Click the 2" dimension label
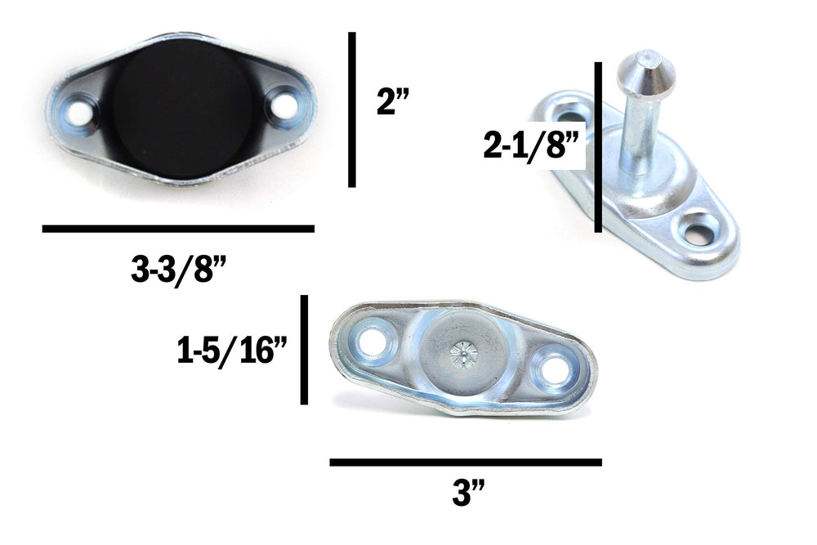pyautogui.click(x=393, y=101)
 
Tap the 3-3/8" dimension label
pyautogui.click(x=178, y=270)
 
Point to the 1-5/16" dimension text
pyautogui.click(x=232, y=351)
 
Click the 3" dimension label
pyautogui.click(x=468, y=493)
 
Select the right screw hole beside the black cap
pyautogui.click(x=284, y=105)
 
